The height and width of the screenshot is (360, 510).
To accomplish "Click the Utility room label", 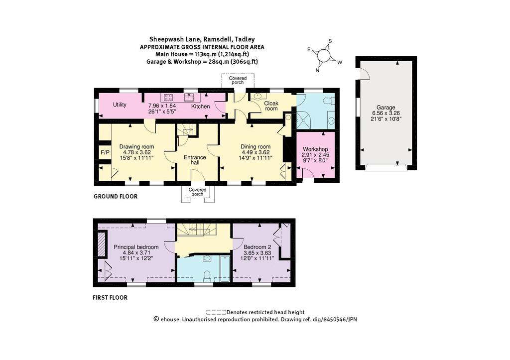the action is (x=120, y=105).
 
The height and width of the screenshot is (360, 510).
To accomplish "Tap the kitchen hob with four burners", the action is (x=168, y=97).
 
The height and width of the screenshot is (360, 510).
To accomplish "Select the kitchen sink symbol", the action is (x=189, y=97).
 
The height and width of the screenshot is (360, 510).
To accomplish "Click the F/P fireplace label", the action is (x=105, y=152).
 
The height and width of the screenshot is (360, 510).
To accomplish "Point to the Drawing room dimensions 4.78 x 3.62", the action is (x=136, y=152).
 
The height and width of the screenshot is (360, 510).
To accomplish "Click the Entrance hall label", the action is (x=195, y=160).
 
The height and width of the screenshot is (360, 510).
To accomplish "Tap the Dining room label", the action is (x=255, y=147).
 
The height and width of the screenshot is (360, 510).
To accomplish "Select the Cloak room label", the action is (x=271, y=106).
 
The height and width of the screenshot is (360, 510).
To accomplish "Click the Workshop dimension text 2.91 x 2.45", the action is (x=315, y=155).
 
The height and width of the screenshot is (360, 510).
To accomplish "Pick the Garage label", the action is (x=386, y=108).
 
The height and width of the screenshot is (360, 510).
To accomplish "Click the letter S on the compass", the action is (x=330, y=41).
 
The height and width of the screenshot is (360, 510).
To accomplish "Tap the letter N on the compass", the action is (x=317, y=70).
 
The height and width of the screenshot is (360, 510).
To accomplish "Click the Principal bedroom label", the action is (x=136, y=247).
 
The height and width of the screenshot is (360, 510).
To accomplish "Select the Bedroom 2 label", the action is (x=257, y=247).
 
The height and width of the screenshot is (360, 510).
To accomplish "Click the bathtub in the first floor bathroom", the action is (x=225, y=268).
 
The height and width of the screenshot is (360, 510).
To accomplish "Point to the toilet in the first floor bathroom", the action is (x=207, y=276).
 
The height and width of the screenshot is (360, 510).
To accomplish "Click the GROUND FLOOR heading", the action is (x=116, y=196).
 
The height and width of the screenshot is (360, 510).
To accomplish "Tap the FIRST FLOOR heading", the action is (x=110, y=298).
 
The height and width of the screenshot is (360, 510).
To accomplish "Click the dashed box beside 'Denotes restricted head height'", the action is (x=216, y=313).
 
